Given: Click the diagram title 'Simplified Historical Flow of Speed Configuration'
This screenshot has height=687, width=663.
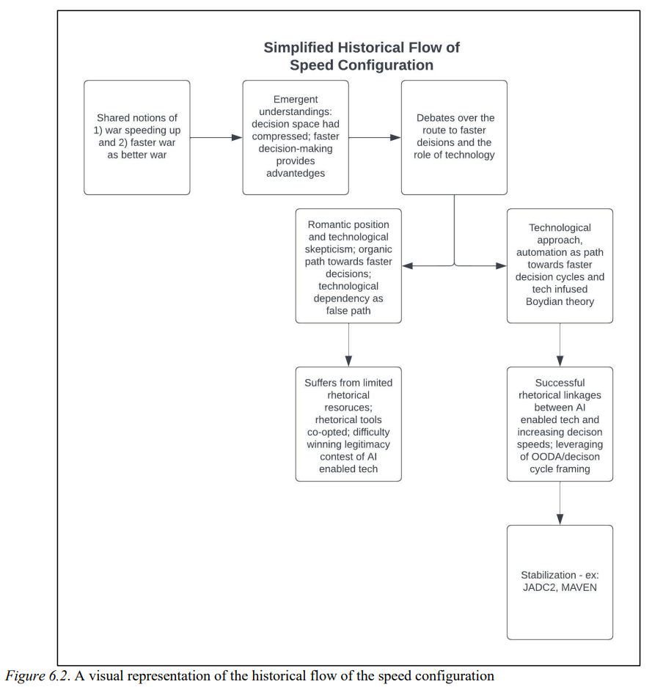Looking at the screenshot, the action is pyautogui.click(x=362, y=56).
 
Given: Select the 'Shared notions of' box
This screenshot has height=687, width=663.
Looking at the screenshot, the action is pyautogui.click(x=136, y=137).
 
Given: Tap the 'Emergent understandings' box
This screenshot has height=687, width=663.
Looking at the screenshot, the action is pyautogui.click(x=296, y=137).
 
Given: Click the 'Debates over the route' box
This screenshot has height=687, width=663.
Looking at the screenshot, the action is pyautogui.click(x=454, y=137).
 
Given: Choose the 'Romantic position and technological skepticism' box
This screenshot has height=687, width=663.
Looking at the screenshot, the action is pyautogui.click(x=348, y=266).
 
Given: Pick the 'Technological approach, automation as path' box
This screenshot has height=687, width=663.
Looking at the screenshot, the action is pyautogui.click(x=560, y=266).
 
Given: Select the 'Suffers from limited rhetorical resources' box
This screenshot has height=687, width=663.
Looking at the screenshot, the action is pyautogui.click(x=348, y=424).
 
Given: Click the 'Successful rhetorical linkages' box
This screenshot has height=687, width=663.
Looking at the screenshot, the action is pyautogui.click(x=560, y=424).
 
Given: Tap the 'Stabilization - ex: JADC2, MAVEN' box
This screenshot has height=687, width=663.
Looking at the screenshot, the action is pyautogui.click(x=560, y=582).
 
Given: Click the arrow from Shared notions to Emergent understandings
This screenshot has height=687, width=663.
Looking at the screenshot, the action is pyautogui.click(x=216, y=138).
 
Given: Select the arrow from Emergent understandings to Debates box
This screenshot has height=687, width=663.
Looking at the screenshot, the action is pyautogui.click(x=375, y=138).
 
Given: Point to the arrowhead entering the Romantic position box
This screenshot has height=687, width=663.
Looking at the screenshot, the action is pyautogui.click(x=407, y=265).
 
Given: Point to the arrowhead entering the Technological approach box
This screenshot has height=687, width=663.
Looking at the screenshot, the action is pyautogui.click(x=502, y=265).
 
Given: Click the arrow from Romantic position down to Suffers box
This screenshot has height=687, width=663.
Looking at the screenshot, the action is pyautogui.click(x=348, y=345).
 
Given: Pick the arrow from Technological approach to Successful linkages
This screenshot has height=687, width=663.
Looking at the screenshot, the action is pyautogui.click(x=560, y=345).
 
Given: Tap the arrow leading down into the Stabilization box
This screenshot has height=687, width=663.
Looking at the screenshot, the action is pyautogui.click(x=560, y=503).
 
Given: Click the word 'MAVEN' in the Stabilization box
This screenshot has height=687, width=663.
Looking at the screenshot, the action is pyautogui.click(x=579, y=587).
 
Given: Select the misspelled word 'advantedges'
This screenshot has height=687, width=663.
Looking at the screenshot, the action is pyautogui.click(x=296, y=173).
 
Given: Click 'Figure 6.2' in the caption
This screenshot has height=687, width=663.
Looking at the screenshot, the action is pyautogui.click(x=37, y=675).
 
